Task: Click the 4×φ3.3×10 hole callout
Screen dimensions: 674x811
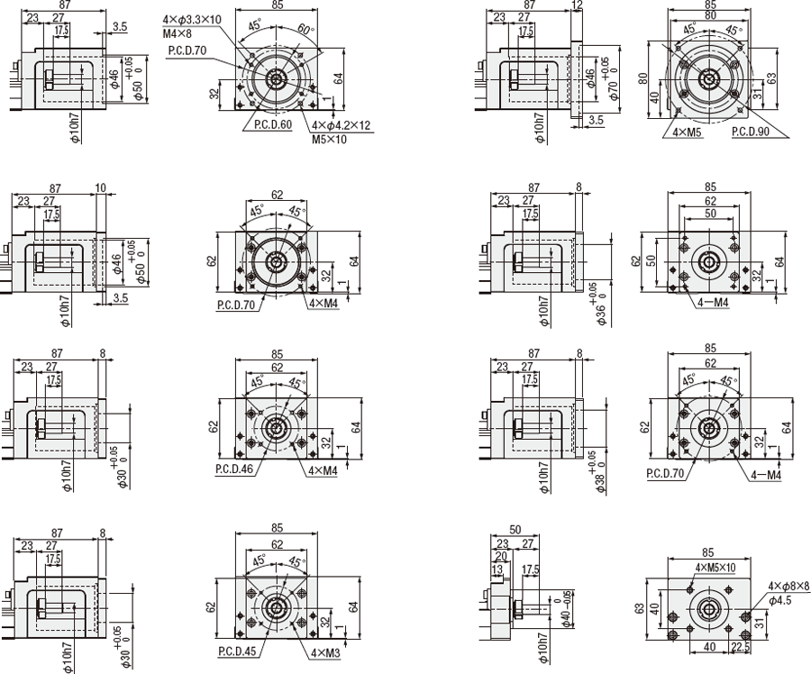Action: tap(192, 19)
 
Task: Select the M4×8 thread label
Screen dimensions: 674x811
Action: tap(178, 32)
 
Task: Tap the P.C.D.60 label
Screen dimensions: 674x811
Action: tap(273, 124)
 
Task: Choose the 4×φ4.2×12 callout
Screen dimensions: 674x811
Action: tap(342, 126)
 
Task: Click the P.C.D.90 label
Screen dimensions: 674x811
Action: tap(750, 132)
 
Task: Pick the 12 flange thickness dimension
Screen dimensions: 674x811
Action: tap(577, 5)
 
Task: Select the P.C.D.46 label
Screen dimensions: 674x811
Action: tap(233, 469)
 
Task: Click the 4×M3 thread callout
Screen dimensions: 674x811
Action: tap(325, 651)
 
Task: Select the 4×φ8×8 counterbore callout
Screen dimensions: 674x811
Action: tap(788, 586)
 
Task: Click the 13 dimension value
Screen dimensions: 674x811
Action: tap(497, 570)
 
